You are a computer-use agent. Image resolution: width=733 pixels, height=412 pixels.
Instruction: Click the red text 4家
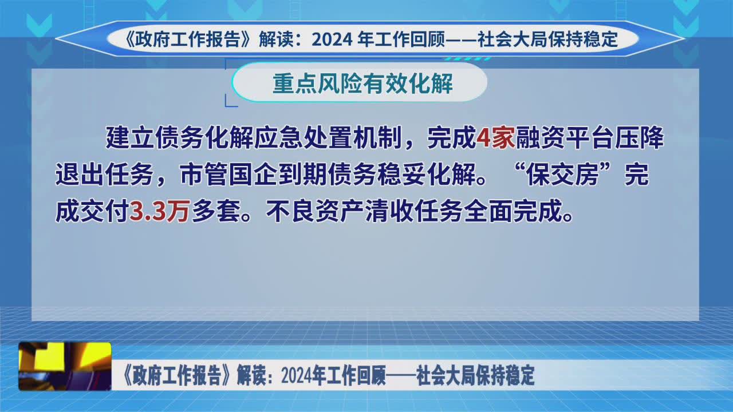[x=496, y=138]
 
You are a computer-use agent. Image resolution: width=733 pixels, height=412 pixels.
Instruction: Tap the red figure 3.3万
[x=160, y=211]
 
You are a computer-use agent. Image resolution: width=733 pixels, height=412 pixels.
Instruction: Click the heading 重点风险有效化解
[x=362, y=83]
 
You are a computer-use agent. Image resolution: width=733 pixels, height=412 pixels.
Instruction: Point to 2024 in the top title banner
[x=332, y=39]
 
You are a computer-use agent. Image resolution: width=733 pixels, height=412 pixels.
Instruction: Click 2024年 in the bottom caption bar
[x=301, y=376]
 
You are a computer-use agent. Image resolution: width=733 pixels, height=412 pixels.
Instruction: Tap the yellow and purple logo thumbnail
[x=65, y=366]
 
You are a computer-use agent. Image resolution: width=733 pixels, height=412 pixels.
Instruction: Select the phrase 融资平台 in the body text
[x=565, y=138]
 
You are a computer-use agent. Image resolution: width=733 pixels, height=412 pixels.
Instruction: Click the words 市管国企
[x=228, y=175]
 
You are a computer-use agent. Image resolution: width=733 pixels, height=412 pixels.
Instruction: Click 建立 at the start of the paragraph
[x=129, y=138]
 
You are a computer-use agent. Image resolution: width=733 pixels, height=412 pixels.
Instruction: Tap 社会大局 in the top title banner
[x=512, y=39]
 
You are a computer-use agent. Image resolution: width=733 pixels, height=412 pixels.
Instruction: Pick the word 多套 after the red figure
[x=216, y=211]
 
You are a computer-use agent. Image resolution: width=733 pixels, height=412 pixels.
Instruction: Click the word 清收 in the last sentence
[x=390, y=211]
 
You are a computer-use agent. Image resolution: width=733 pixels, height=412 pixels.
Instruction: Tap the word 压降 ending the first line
[x=639, y=138]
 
